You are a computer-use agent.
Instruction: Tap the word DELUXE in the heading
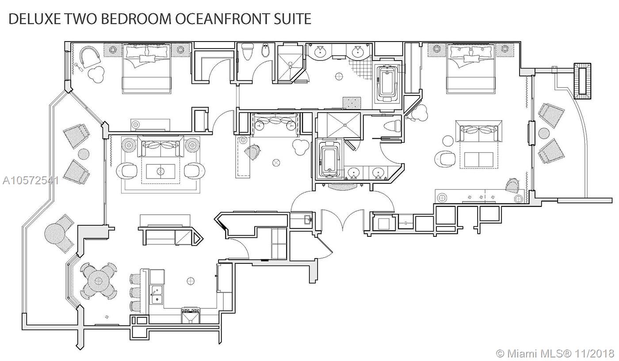pos(34,19)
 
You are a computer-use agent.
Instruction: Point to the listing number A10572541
pos(31,181)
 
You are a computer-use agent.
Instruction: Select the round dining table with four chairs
pos(98,281)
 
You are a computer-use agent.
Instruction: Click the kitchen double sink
pos(156,294)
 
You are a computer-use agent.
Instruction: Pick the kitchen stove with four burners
pos(191,315)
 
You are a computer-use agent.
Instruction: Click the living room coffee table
pos(160,171)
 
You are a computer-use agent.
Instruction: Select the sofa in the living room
pos(160,146)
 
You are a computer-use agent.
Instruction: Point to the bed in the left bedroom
pos(146,68)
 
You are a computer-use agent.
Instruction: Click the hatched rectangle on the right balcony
pos(583,81)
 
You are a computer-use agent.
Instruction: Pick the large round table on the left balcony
pos(55,234)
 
